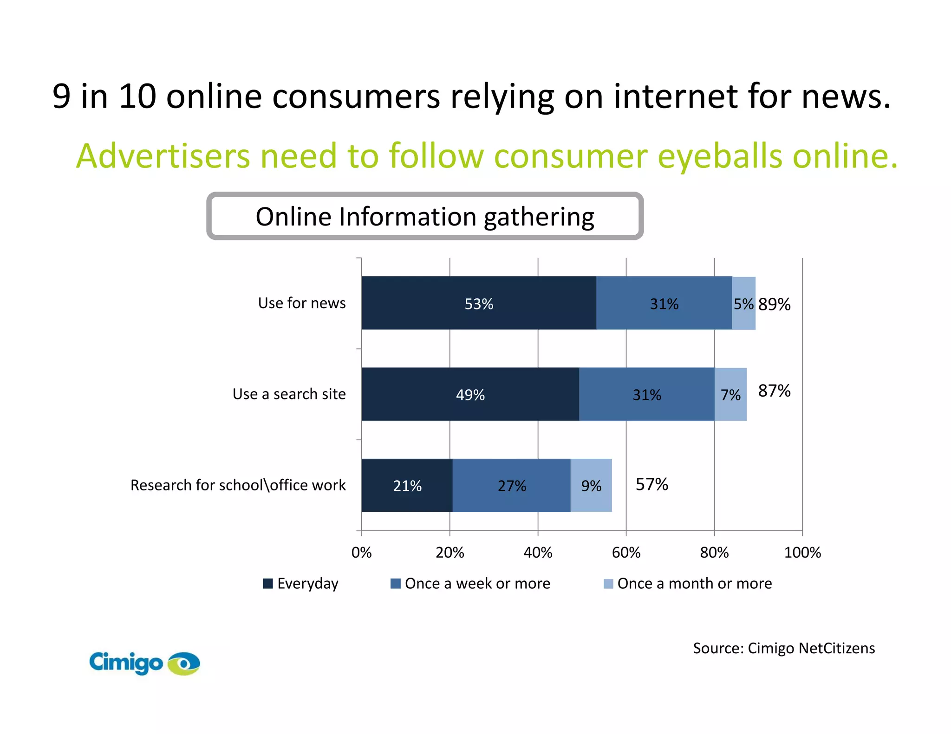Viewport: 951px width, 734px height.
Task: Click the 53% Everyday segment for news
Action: [x=479, y=303]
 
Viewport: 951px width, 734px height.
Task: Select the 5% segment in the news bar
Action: [x=743, y=303]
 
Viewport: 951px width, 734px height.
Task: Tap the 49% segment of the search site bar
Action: [x=470, y=394]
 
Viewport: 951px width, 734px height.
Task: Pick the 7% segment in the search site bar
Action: [x=730, y=394]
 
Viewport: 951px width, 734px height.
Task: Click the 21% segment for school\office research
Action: [x=407, y=485]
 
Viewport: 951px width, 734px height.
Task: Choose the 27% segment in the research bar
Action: [x=512, y=485]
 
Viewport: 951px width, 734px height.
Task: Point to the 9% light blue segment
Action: [x=591, y=485]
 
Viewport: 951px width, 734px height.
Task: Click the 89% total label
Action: [x=774, y=304]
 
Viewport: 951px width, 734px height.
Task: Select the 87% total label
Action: [x=774, y=391]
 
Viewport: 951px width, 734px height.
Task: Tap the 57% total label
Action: [x=651, y=484]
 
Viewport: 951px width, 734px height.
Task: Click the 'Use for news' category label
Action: [x=302, y=303]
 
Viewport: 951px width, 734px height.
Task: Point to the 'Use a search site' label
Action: [x=289, y=394]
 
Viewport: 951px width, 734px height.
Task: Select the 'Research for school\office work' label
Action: [x=238, y=485]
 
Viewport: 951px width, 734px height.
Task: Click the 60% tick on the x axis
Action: [x=626, y=552]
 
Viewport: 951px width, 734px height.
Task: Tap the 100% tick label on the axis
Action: [x=802, y=552]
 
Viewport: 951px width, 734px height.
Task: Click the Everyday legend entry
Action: [x=301, y=583]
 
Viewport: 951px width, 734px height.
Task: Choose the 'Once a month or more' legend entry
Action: [x=688, y=583]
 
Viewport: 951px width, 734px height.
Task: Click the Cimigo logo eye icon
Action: [x=184, y=663]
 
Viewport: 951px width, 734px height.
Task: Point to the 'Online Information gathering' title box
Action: [x=425, y=216]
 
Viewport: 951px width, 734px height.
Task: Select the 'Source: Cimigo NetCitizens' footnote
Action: [x=784, y=648]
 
